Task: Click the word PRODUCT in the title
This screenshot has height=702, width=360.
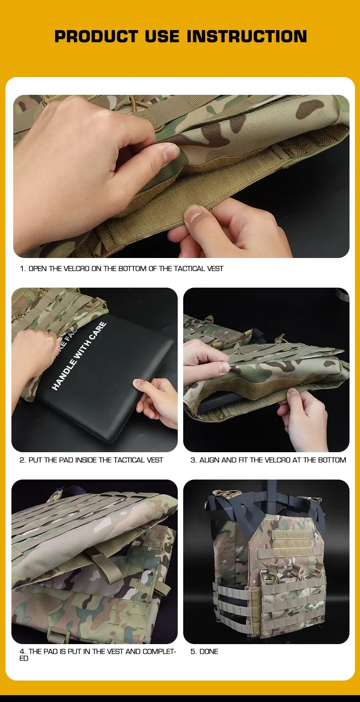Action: (96, 36)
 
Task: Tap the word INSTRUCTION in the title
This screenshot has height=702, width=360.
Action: (247, 36)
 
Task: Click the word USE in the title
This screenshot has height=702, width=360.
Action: (162, 36)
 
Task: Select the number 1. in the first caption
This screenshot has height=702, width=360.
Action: (23, 268)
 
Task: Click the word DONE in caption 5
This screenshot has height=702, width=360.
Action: (209, 651)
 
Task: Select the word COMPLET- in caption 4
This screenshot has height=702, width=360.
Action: (159, 651)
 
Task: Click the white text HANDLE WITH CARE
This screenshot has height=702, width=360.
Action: (79, 356)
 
